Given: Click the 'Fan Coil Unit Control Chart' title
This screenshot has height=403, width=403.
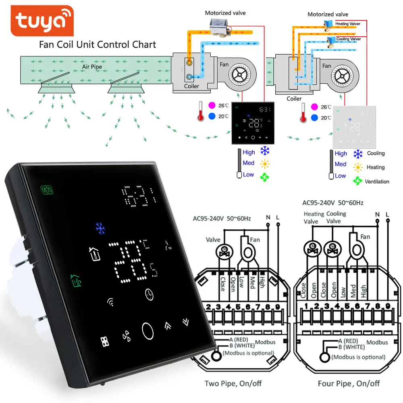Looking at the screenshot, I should pos(97,44).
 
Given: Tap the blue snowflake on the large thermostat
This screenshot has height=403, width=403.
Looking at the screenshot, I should pos(100,228).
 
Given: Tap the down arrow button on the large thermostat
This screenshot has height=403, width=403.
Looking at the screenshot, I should pos(185,321).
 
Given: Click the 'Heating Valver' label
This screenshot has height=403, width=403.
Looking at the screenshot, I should pos(348,24).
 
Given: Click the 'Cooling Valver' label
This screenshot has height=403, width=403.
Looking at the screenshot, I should pos(348,39).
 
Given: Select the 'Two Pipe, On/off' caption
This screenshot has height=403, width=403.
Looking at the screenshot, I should pos(231,383).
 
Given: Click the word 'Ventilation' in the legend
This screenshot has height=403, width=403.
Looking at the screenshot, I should pos(377,182).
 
